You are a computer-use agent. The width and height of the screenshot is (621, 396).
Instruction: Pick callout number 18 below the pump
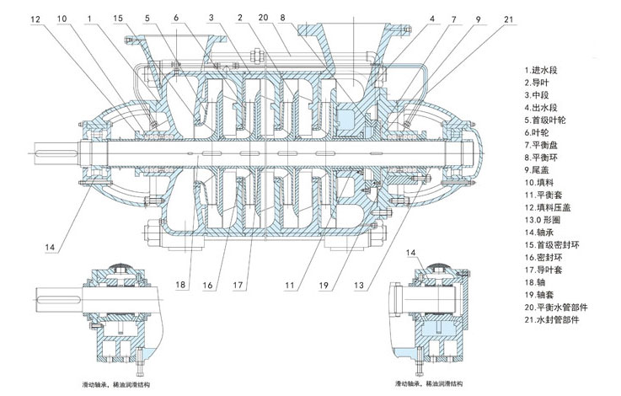[x=181, y=286]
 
